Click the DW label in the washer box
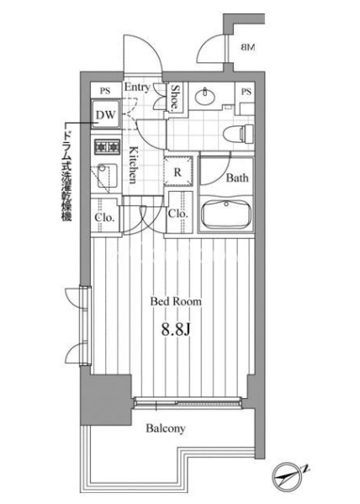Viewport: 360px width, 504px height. click(106, 114)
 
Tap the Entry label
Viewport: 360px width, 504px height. click(137, 87)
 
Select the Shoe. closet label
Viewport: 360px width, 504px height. click(175, 97)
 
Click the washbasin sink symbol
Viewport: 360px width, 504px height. click(204, 96)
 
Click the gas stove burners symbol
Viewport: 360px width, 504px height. click(107, 147)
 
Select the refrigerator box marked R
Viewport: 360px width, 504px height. click(177, 172)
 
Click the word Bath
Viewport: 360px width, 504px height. click(237, 178)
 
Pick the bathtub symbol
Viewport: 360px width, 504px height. click(226, 214)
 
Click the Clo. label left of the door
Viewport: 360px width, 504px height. click(105, 218)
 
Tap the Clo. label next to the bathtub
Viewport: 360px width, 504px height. click(177, 213)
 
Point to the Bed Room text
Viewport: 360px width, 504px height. click(176, 301)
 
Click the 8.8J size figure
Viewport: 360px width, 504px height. click(176, 329)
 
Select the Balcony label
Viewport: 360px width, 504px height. click(166, 428)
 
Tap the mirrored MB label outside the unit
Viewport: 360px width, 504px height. click(247, 48)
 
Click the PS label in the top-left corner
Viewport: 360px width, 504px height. click(105, 91)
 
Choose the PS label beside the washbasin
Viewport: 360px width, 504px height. click(246, 92)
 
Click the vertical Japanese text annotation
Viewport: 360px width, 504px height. click(66, 175)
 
